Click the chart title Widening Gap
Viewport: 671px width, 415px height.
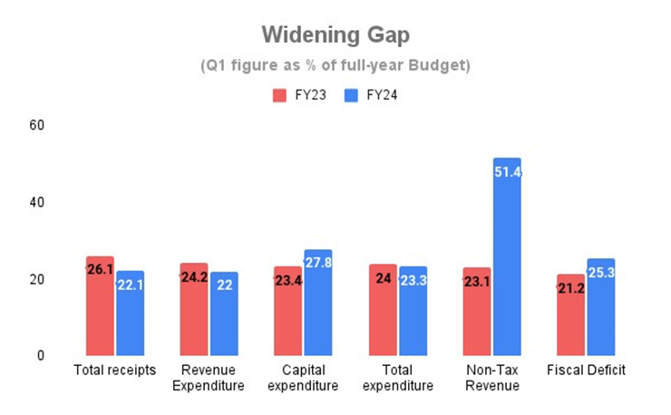coord(335,34)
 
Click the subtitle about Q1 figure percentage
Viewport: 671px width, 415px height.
coord(335,66)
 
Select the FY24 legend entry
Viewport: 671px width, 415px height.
coord(371,94)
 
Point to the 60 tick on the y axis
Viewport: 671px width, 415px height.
coord(37,124)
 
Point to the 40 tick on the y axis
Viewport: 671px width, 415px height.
coord(37,202)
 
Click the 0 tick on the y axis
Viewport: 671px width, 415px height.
coord(41,356)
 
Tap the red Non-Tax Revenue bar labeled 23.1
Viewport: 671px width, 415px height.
coord(476,312)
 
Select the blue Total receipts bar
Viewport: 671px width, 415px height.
coord(131,314)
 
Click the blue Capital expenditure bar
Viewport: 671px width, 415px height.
coord(318,303)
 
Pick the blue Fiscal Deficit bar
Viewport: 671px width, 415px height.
coord(601,307)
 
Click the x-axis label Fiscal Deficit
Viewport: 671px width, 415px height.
coord(586,371)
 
